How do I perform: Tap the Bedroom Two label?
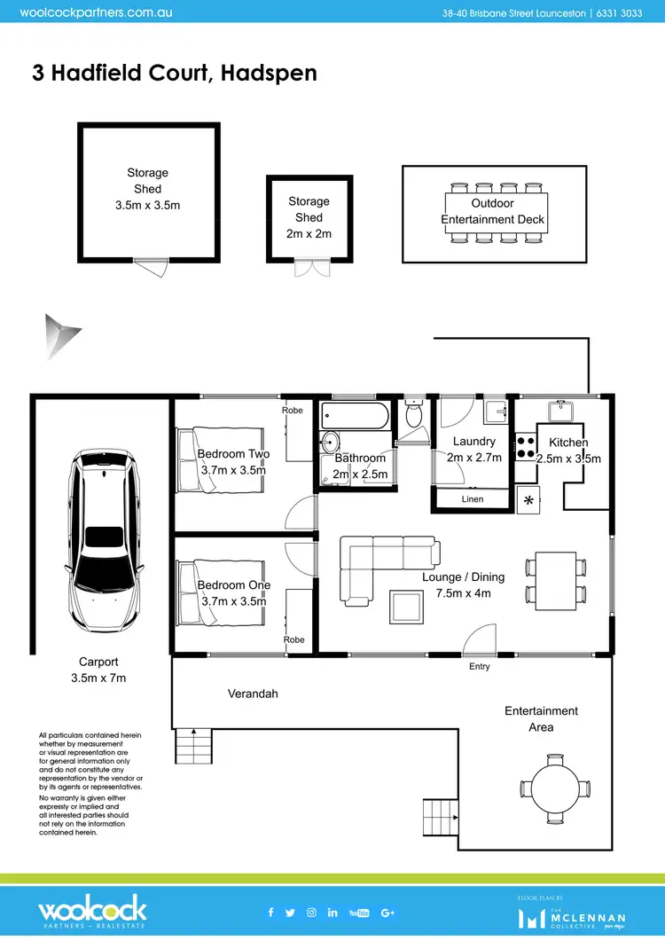tap(233, 454)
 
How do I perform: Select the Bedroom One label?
tap(233, 585)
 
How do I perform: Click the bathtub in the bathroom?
tap(355, 414)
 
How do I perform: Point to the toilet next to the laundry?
tap(413, 413)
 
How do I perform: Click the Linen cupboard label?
tap(473, 500)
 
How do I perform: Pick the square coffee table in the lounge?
tap(407, 608)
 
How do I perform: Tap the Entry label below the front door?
tap(479, 666)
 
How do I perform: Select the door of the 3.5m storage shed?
tap(148, 264)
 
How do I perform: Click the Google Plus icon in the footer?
tap(387, 913)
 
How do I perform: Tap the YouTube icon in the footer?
tap(359, 913)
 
